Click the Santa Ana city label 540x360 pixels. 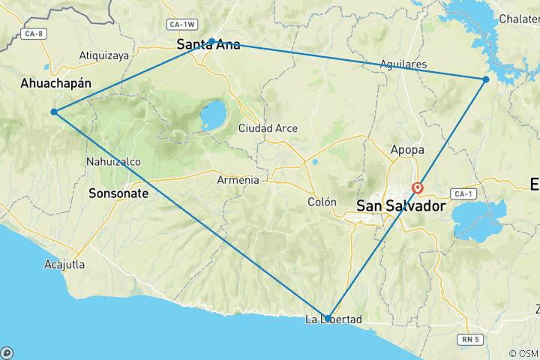coord(208,45)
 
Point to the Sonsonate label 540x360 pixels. coord(118,193)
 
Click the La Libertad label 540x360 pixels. coord(334,320)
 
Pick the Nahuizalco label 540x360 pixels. coord(112,161)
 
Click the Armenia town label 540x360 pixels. coord(238,180)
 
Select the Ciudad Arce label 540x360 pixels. coord(268,128)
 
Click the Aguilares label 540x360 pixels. coord(403,64)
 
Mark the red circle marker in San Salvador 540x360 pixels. coord(417,188)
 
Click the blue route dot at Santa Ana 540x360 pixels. coord(212,41)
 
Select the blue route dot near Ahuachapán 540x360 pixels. coord(54,112)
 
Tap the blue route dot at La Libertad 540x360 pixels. coord(328,317)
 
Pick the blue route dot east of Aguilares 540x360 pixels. coord(486,79)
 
